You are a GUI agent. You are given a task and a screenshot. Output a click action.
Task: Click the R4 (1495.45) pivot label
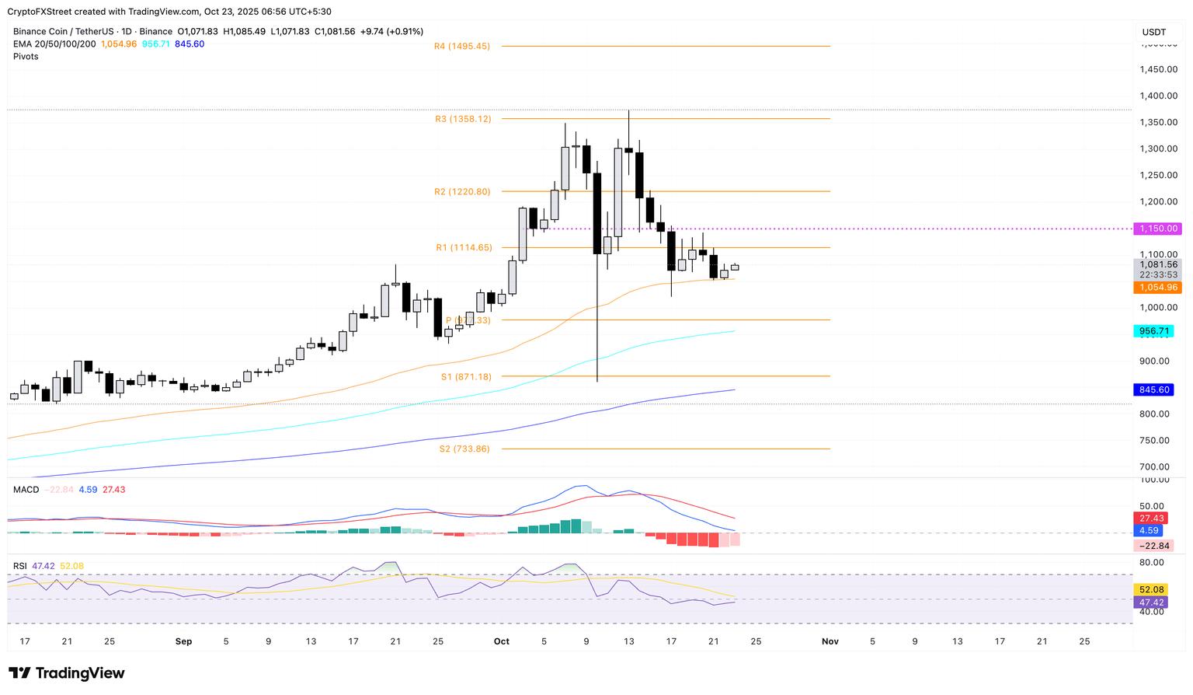[x=462, y=47]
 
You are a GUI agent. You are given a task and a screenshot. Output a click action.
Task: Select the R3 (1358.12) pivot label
[x=463, y=120]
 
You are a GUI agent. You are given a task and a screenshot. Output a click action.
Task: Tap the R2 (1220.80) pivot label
[x=462, y=192]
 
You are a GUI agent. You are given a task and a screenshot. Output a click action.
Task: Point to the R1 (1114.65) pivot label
[x=464, y=248]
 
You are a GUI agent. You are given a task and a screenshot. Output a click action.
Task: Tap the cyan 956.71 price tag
[x=1153, y=331]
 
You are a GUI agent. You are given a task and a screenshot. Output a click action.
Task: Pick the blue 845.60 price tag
[x=1153, y=389]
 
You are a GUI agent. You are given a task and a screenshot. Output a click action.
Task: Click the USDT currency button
[x=1154, y=32]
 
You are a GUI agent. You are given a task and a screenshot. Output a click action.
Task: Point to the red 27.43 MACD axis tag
[x=1149, y=518]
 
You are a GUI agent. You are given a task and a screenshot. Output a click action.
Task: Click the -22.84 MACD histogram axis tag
[x=1151, y=546]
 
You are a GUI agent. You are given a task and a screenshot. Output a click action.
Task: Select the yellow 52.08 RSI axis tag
[x=1150, y=590]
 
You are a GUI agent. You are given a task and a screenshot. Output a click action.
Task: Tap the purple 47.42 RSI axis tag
[x=1150, y=602]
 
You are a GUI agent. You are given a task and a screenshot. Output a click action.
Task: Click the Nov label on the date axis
[x=830, y=641]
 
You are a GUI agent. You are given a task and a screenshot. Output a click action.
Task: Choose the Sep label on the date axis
[x=183, y=641]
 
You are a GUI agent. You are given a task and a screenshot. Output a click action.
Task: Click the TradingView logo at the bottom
[x=67, y=673]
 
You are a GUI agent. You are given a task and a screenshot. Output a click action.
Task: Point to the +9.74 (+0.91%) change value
[x=391, y=32]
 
